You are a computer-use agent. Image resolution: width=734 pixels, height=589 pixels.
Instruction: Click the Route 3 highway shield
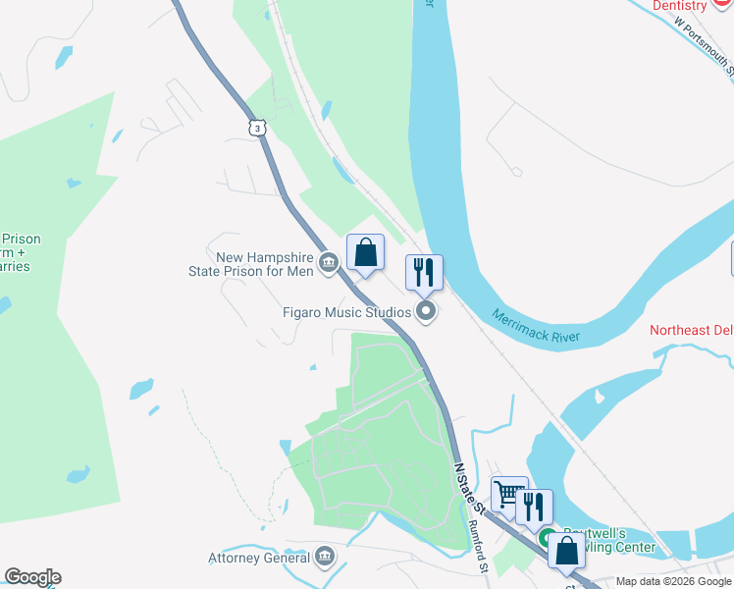click(x=256, y=128)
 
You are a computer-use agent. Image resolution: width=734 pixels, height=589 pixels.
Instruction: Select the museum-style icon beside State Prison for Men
click(x=329, y=261)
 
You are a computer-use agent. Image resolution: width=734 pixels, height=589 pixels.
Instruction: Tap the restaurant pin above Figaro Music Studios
click(x=424, y=272)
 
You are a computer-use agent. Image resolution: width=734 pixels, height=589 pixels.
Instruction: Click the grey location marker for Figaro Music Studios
click(x=426, y=312)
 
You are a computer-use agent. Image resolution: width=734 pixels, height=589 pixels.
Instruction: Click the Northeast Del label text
click(x=692, y=330)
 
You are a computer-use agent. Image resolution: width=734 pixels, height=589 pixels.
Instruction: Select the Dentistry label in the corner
click(x=679, y=6)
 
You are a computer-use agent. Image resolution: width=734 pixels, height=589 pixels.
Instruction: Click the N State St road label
click(x=469, y=489)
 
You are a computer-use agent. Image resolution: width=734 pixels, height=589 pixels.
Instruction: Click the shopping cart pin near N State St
click(x=509, y=494)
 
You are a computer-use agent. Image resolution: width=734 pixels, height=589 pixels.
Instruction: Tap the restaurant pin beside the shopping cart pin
click(x=534, y=507)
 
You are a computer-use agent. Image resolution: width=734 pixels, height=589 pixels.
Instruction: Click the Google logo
click(x=32, y=577)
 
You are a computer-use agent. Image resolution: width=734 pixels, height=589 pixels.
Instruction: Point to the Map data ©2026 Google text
click(x=673, y=581)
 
